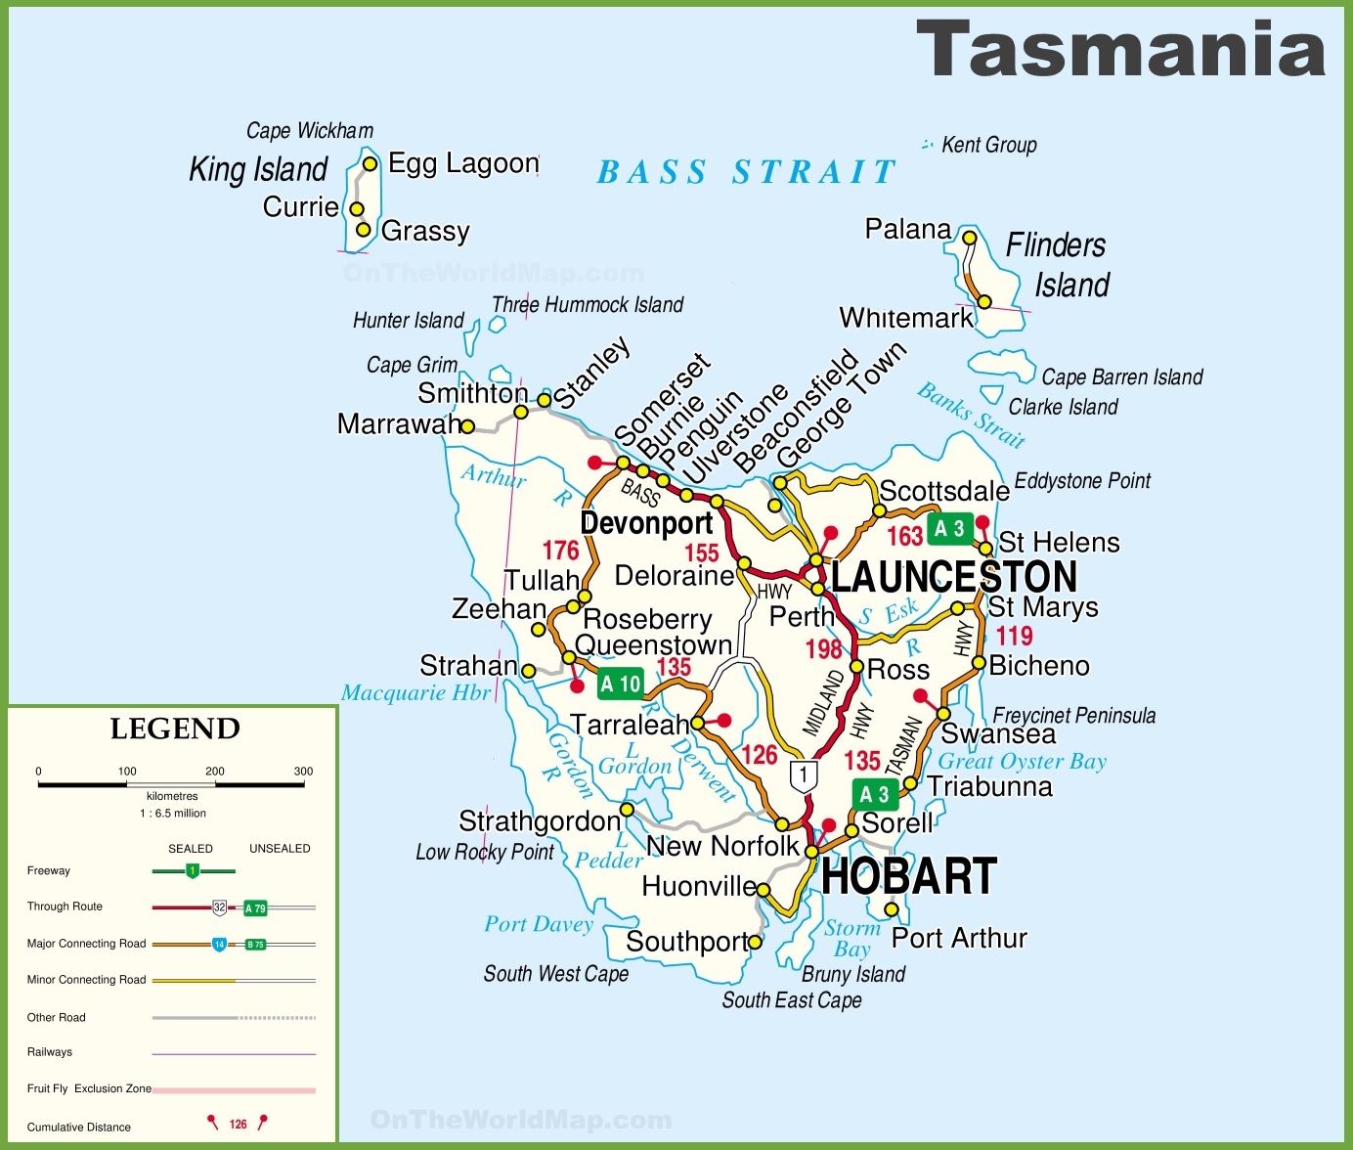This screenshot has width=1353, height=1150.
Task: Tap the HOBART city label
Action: click(x=909, y=876)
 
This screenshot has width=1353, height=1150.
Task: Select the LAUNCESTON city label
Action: click(x=954, y=577)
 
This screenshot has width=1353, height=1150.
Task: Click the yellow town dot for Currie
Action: click(x=357, y=209)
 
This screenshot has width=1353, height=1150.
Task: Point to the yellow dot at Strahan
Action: click(x=529, y=671)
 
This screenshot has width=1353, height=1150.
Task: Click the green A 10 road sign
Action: click(x=621, y=684)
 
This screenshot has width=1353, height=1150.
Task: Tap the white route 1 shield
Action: click(x=803, y=776)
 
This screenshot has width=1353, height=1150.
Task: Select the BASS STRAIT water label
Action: click(x=747, y=172)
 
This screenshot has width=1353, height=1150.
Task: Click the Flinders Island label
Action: click(x=1059, y=265)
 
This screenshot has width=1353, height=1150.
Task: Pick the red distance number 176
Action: click(x=561, y=551)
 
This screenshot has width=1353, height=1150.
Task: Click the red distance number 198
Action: click(x=823, y=649)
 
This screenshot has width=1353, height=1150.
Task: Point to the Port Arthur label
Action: click(x=959, y=939)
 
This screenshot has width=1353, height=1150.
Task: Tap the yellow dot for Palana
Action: click(x=969, y=238)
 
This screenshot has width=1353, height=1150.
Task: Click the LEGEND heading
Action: click(x=175, y=729)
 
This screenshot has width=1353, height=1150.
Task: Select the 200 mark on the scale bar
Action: click(x=215, y=772)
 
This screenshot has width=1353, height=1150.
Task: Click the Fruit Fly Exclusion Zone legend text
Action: click(x=89, y=1088)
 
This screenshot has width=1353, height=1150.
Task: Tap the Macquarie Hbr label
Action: click(x=415, y=693)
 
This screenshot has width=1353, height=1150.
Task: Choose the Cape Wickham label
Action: click(x=309, y=131)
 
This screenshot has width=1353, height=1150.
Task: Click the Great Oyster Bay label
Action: click(x=1022, y=762)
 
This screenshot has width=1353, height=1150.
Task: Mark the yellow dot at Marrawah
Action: click(x=467, y=426)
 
